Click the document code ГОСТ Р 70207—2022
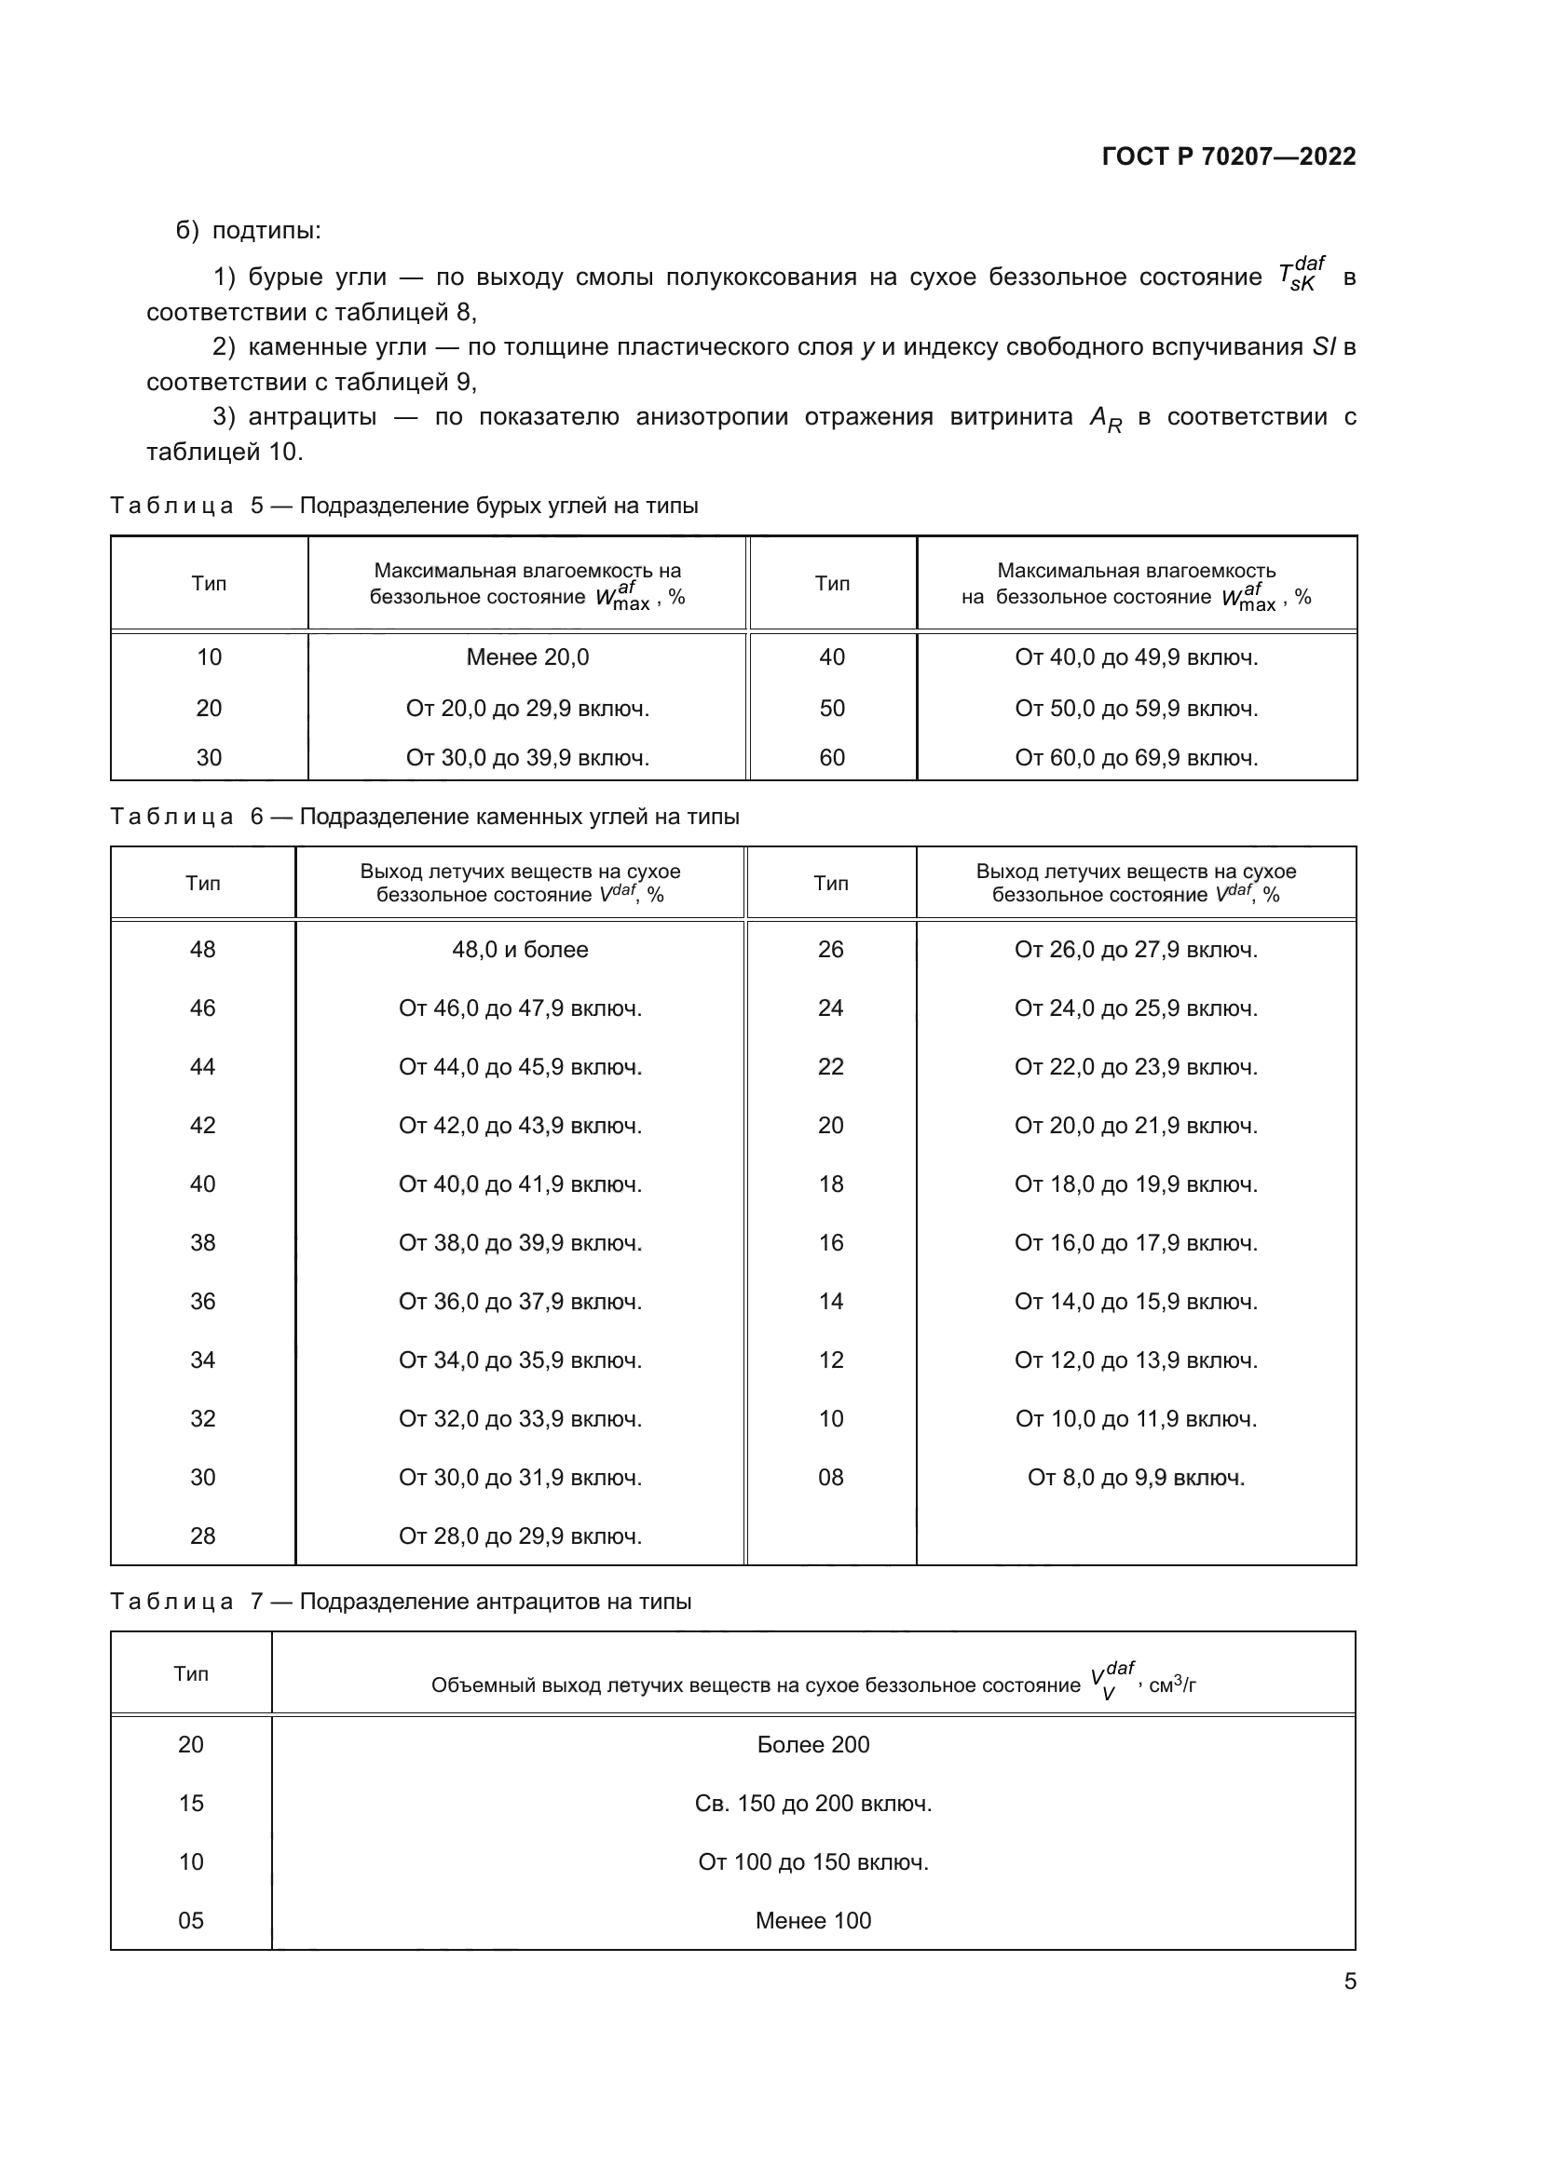point(1228,156)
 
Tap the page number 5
point(1349,1982)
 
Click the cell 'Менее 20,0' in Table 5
point(526,657)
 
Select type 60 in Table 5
point(831,758)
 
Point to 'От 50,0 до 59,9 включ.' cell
point(1136,709)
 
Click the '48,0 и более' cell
point(519,950)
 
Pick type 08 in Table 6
point(830,1477)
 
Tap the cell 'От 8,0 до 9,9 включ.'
point(1136,1477)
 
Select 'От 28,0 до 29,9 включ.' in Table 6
point(519,1535)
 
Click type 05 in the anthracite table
point(191,1921)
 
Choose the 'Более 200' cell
point(812,1744)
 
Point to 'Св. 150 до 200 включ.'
point(812,1804)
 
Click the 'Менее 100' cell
point(812,1921)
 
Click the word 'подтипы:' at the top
point(266,231)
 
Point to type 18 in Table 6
point(830,1184)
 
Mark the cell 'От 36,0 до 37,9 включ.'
point(519,1302)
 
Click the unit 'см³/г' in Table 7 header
point(1173,1685)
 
